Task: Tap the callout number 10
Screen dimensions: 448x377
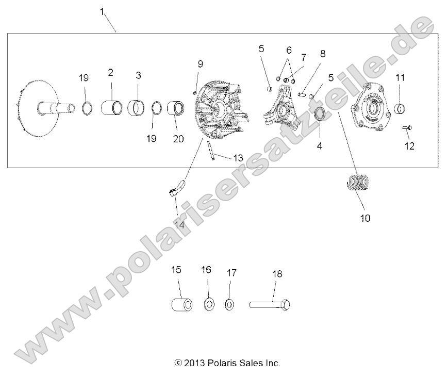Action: pos(364,218)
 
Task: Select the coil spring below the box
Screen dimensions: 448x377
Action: pos(357,184)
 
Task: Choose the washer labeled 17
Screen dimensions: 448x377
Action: pos(229,304)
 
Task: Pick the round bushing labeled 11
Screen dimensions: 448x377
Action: pos(401,109)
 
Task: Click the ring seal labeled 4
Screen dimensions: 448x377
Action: pos(320,114)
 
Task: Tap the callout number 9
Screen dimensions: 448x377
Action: pos(201,64)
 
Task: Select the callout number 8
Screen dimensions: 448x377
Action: pos(323,53)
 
